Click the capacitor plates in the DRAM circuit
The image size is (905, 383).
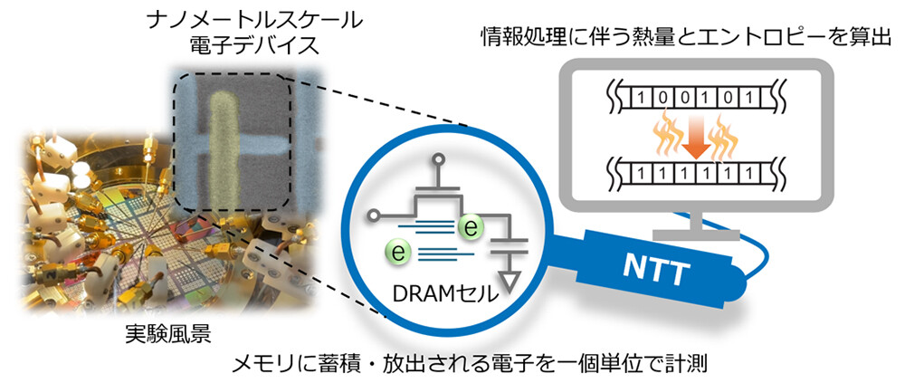click(509, 243)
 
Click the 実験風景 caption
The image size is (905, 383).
click(167, 336)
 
